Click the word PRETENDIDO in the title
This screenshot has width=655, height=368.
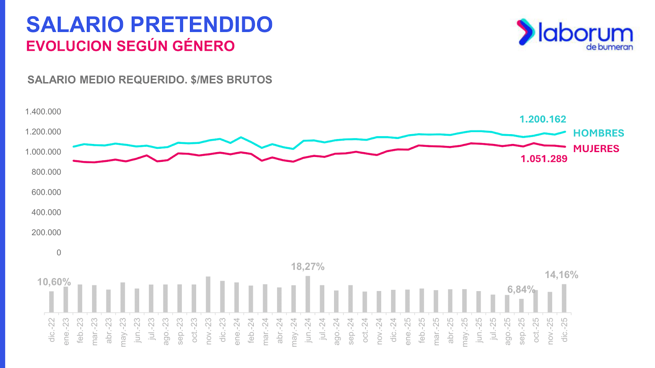click(x=201, y=25)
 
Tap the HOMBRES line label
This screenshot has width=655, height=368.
click(x=599, y=133)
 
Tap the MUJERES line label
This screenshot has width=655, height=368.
click(x=596, y=148)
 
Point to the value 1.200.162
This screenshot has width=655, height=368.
click(x=542, y=119)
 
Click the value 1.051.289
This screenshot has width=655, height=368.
click(x=544, y=159)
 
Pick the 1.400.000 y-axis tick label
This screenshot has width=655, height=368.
click(x=43, y=112)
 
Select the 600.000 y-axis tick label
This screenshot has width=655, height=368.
click(x=46, y=192)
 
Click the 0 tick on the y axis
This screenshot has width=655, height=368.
click(x=59, y=253)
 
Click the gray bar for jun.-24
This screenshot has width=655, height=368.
click(x=308, y=294)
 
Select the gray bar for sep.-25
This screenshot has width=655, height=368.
click(x=521, y=305)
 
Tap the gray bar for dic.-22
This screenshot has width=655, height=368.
click(x=52, y=302)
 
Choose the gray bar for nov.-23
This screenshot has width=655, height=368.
click(x=208, y=294)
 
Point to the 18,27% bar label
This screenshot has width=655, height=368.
click(x=307, y=267)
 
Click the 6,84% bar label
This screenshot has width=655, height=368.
click(x=521, y=289)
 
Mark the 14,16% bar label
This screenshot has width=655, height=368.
click(x=561, y=275)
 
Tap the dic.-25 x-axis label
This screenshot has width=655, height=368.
click(x=565, y=330)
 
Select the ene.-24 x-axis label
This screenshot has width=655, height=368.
click(x=237, y=332)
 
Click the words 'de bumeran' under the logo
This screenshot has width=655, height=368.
click(x=609, y=47)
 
